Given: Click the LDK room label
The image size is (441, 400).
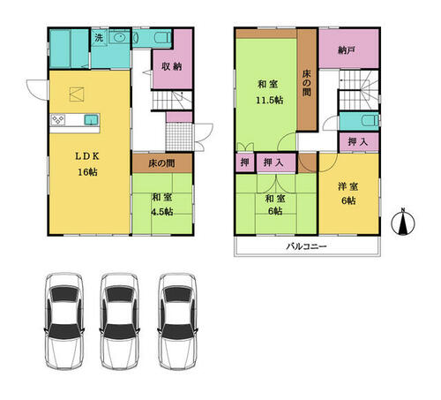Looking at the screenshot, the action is coord(87,156).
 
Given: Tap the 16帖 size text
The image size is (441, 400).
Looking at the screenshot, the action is coord(87,172).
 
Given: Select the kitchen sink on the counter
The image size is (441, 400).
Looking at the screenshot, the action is coord(92,119).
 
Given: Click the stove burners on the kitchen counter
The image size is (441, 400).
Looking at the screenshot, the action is coord(57,120).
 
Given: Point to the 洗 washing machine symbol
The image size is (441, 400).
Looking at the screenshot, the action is coord(99,38).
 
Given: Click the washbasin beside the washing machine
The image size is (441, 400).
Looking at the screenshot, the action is coord(119,37).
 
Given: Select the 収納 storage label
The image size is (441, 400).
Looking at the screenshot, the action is coord(172,66).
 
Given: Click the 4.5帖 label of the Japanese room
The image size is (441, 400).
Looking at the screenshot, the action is coord(162,212).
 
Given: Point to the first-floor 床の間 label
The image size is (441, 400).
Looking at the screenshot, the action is coord(161,163).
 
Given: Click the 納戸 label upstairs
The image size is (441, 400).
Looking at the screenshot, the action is coord(346,51).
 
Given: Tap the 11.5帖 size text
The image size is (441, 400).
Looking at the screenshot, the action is coord(269,101).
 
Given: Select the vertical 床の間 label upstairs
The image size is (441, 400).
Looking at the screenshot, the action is coord(306,83).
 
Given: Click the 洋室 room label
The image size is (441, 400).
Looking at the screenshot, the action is coord(348,186).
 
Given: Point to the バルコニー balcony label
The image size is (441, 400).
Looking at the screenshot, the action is coord(306,246).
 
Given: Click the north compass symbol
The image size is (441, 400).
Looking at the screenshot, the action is coord(403,223).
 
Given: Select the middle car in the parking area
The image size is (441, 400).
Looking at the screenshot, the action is coord(119,321).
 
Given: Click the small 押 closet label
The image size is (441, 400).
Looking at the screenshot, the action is coord(245,162).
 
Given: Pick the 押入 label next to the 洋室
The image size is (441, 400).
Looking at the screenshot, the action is coord(357,142).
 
